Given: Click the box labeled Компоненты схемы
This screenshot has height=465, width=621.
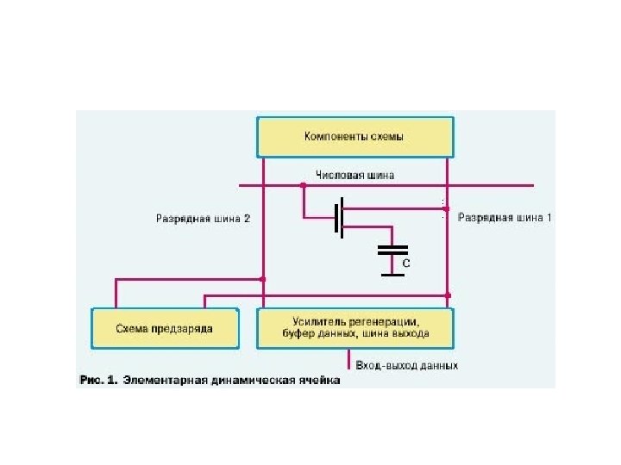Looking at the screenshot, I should coord(354,136).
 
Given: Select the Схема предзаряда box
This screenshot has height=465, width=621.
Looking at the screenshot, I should coord(164,328).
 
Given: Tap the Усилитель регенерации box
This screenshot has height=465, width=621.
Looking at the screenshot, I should coord(354,328).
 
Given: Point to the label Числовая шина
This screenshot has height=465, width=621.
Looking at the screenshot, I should coord(355,175).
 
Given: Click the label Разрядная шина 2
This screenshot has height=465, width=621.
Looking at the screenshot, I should coord(203,219).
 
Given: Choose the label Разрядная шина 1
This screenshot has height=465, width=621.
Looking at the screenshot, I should coord(505,218).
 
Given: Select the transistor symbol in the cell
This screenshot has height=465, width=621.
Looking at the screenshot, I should coord(342,218).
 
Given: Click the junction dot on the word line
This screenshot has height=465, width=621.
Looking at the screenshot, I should coord(303,184).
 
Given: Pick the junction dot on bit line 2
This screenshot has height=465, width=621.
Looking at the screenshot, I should coord(262,279).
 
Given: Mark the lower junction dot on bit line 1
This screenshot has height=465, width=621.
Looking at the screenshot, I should coord(447,295).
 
